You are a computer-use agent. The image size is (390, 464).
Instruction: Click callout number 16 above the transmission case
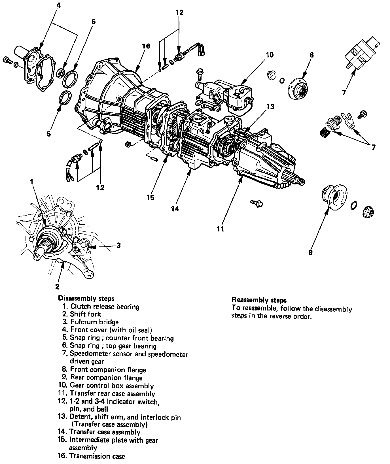pyautogui.click(x=146, y=46)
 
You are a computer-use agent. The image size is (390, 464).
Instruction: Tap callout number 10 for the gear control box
pyautogui.click(x=270, y=55)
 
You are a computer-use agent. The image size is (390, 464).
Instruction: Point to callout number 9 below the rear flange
pyautogui.click(x=311, y=252)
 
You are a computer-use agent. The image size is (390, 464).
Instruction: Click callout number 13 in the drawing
pyautogui.click(x=270, y=107)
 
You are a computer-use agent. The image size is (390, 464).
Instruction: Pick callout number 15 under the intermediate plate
pyautogui.click(x=151, y=197)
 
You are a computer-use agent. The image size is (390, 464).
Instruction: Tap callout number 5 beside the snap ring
pyautogui.click(x=49, y=133)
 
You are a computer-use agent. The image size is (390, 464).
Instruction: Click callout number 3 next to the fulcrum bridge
pyautogui.click(x=118, y=245)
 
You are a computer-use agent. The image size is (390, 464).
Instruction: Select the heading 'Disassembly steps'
pyautogui.click(x=86, y=298)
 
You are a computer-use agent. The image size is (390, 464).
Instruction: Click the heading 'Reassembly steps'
pyautogui.click(x=259, y=300)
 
